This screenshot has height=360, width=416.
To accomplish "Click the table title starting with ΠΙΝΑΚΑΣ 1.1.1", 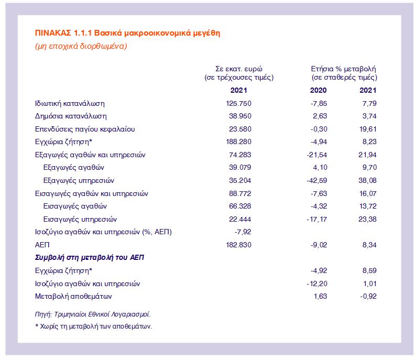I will pyautogui.click(x=127, y=33).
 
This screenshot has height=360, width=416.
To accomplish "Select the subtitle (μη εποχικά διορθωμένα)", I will pyautogui.click(x=81, y=46).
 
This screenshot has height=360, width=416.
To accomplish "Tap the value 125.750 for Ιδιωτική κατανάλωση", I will pyautogui.click(x=238, y=103).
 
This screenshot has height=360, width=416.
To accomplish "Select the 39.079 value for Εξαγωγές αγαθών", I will pyautogui.click(x=240, y=168).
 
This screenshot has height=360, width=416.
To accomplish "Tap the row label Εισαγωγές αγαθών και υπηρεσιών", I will pyautogui.click(x=92, y=193).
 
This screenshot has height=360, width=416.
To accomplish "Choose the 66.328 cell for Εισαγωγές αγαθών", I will pyautogui.click(x=240, y=206).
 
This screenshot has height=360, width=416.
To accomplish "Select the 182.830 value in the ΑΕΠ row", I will pyautogui.click(x=238, y=245).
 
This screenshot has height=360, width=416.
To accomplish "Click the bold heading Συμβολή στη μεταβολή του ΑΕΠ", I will pyautogui.click(x=90, y=257).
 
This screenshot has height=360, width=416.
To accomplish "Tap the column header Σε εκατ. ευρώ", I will pyautogui.click(x=238, y=69).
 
